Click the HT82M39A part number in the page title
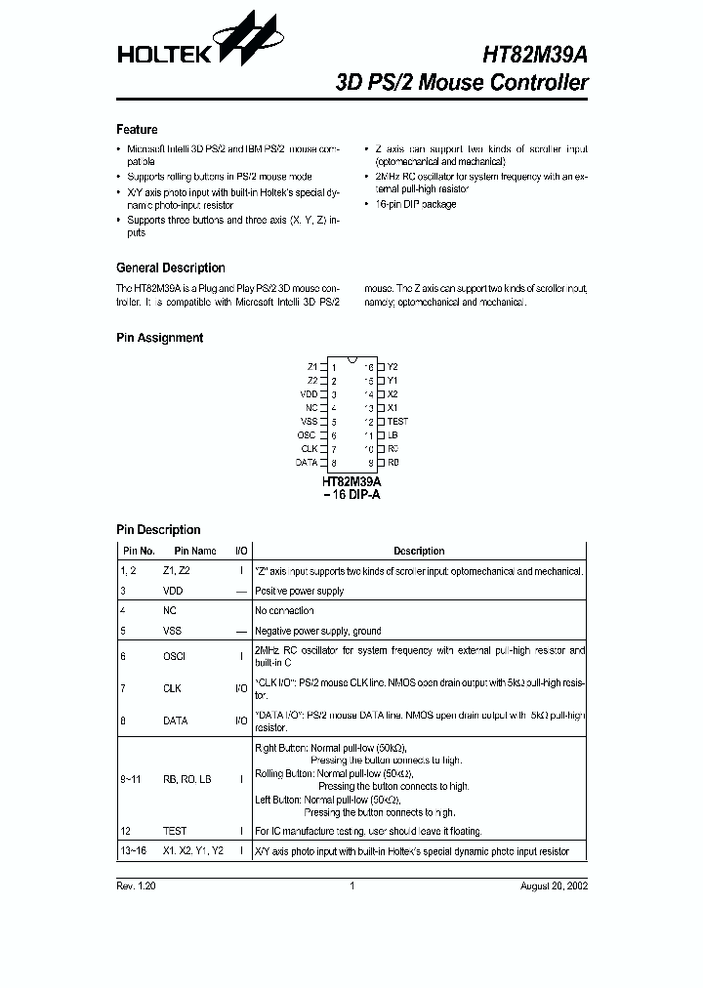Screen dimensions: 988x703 (535, 55)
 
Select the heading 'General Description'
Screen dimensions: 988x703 (170, 268)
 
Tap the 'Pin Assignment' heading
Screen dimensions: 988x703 (159, 338)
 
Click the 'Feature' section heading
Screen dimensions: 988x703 (137, 130)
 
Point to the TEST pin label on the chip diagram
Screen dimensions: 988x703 (397, 421)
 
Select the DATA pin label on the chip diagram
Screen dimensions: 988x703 (307, 462)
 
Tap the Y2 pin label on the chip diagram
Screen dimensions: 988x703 (393, 366)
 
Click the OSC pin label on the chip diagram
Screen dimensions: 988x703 (307, 434)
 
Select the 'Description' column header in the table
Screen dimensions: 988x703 (419, 552)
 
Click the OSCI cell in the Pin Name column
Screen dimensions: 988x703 (174, 657)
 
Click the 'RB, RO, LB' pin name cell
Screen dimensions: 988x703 (186, 779)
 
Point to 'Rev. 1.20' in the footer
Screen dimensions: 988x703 (135, 886)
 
